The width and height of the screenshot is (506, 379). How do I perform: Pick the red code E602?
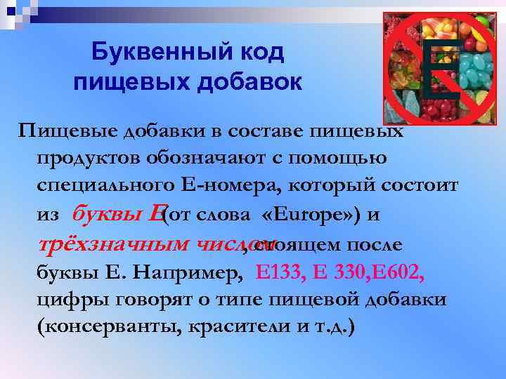pyautogui.click(x=394, y=272)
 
